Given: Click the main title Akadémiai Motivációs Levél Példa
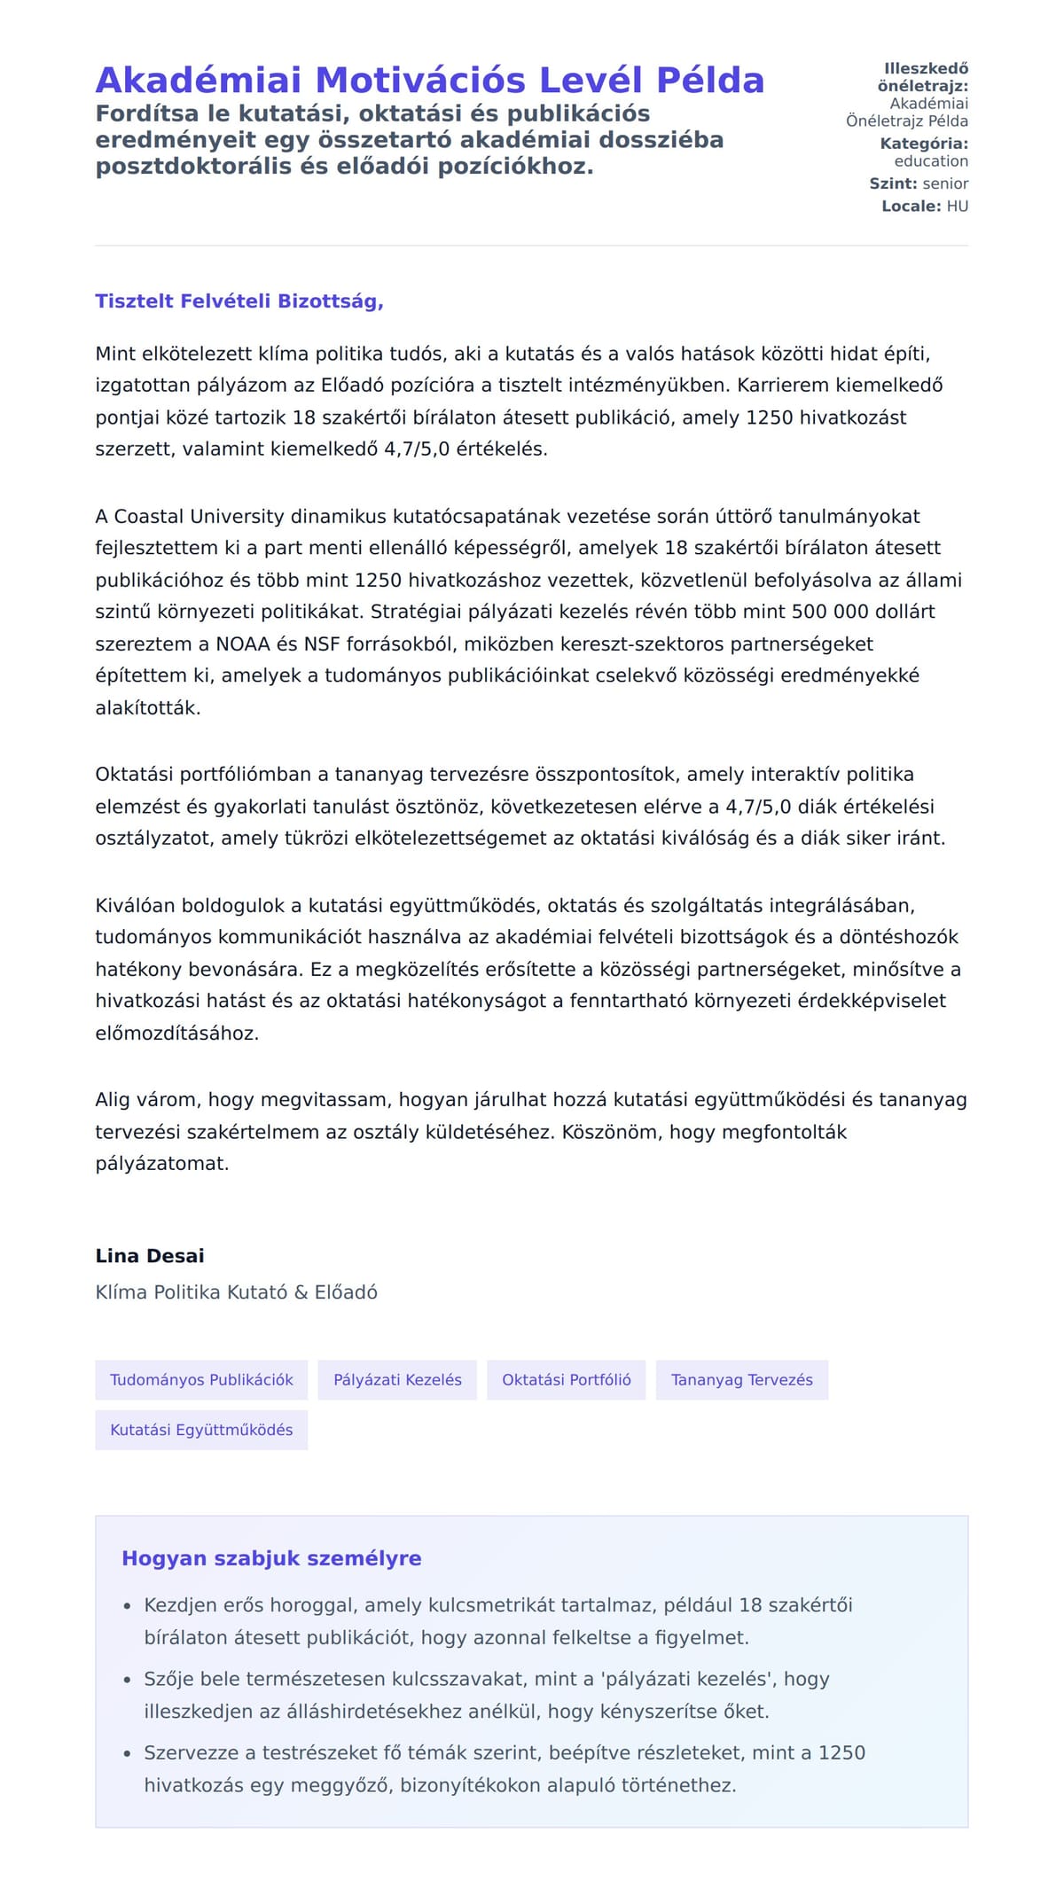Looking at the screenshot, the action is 429,81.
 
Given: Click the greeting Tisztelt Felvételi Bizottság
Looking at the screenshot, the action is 239,301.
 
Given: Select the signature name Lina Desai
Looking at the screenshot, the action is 150,1256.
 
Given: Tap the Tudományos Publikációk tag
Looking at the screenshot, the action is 201,1380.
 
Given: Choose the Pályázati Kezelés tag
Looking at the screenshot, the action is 397,1380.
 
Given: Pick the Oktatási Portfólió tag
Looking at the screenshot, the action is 567,1380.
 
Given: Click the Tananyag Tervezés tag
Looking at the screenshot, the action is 742,1380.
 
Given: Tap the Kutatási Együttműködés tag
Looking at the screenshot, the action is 201,1430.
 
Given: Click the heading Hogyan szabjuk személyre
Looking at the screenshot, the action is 271,1558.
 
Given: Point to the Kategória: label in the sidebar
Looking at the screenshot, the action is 924,144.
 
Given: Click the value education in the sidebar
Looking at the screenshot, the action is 931,161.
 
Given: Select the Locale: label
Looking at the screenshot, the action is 911,207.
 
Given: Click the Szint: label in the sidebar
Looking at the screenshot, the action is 893,183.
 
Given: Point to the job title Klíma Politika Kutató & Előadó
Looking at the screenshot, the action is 236,1292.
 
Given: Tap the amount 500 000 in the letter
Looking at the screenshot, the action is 830,612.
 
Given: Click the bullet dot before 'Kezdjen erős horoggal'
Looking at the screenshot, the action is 128,1606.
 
